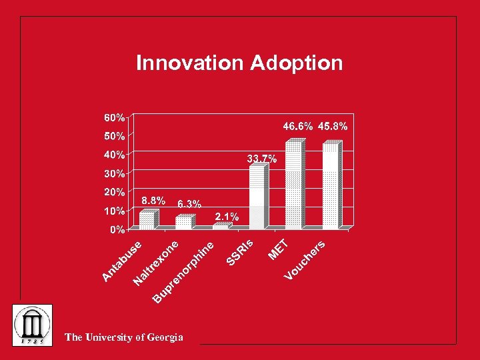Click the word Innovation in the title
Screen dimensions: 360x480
pos(191,63)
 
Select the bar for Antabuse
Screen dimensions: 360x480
pos(147,220)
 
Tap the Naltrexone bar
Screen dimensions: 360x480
pos(183,222)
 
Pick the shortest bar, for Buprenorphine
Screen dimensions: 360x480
pos(221,227)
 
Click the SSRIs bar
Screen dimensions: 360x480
pos(257,196)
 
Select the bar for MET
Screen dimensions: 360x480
pos(293,185)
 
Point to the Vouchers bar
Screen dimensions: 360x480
pos(331,185)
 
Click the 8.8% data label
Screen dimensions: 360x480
pos(153,200)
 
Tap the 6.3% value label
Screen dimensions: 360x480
pos(189,204)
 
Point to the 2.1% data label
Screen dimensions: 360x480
pos(227,217)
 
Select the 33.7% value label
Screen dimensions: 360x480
pos(262,159)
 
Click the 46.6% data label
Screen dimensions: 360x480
pos(298,126)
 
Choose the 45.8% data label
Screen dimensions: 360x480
pos(333,126)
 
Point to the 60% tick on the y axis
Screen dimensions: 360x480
pos(114,117)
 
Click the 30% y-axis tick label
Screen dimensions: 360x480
pos(114,173)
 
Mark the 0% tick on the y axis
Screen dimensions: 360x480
pos(117,229)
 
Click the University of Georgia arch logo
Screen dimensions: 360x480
pos(33,325)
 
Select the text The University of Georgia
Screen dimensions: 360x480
pos(123,337)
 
